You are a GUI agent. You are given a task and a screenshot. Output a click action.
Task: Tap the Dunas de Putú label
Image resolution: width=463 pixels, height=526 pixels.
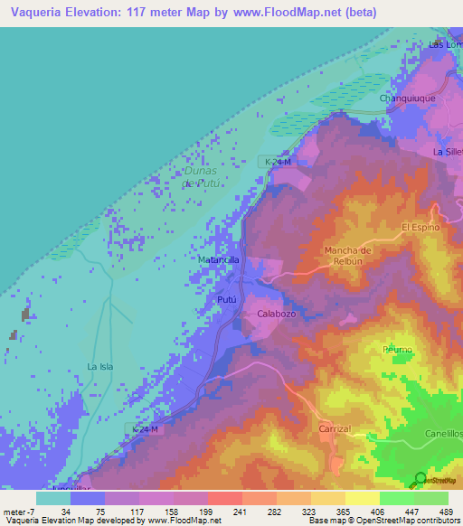click(x=201, y=176)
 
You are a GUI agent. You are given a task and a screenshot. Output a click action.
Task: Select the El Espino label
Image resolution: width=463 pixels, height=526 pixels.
click(x=420, y=227)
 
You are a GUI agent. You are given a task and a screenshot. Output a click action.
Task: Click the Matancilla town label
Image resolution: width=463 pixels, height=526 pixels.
click(x=218, y=259)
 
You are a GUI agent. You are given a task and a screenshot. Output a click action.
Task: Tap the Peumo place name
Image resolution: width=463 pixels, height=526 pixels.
click(x=397, y=349)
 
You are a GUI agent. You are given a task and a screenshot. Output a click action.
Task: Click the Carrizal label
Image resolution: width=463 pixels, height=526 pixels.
click(x=334, y=430)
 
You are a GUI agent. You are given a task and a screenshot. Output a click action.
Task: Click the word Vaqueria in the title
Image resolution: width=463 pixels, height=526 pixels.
click(x=33, y=13)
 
